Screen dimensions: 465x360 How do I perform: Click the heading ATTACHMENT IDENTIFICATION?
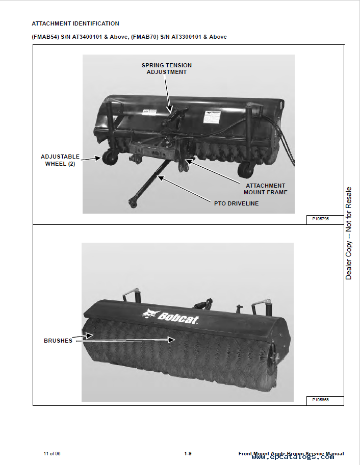click(75, 23)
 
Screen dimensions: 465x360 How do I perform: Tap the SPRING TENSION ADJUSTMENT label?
click(167, 69)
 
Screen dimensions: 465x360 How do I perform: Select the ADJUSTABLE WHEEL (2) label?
click(60, 160)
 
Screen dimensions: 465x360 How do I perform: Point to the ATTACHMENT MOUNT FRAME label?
click(265, 189)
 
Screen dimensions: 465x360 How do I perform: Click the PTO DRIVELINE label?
click(236, 203)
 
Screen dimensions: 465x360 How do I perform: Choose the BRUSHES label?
click(58, 341)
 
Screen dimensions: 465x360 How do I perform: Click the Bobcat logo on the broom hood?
click(170, 316)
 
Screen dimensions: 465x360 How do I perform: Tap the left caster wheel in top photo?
click(109, 159)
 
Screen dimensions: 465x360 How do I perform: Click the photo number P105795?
click(321, 219)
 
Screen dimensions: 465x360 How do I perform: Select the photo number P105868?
click(321, 400)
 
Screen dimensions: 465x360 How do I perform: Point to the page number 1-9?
click(188, 454)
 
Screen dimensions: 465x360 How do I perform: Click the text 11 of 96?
click(52, 454)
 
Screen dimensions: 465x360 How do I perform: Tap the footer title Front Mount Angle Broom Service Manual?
click(291, 454)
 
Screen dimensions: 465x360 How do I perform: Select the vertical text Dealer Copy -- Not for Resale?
click(349, 233)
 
